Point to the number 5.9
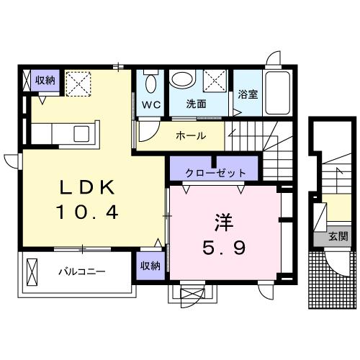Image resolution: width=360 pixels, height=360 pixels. tap(223, 248)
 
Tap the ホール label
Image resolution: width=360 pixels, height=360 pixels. tap(191, 135)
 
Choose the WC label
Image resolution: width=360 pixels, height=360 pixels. tap(150, 103)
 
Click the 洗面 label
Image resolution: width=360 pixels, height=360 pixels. tap(197, 103)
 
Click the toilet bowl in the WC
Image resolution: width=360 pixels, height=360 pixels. tap(150, 84)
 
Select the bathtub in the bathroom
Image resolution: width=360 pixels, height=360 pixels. tap(277, 90)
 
